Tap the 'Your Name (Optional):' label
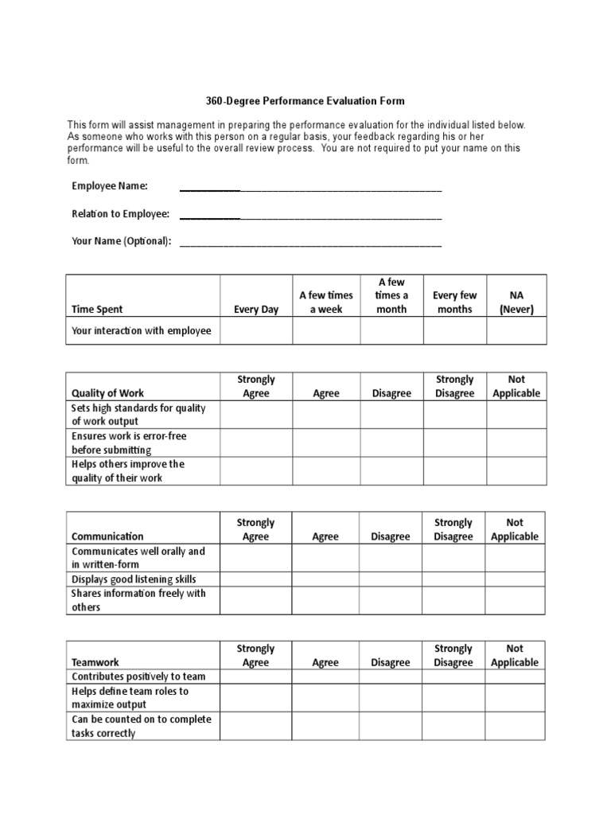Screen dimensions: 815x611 (x=121, y=241)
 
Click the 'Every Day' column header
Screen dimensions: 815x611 (x=256, y=310)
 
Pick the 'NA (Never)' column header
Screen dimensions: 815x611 (x=516, y=302)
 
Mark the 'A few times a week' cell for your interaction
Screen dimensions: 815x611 (x=326, y=331)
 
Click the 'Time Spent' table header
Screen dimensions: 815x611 (x=97, y=310)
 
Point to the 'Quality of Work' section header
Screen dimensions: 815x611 (x=107, y=393)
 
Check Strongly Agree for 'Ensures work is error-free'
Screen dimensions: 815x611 (x=256, y=443)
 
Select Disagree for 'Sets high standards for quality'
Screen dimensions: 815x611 (x=391, y=415)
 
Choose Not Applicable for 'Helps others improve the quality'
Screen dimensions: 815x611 (x=516, y=470)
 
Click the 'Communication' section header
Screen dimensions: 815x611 (x=107, y=536)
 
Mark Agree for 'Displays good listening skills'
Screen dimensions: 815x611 (x=325, y=579)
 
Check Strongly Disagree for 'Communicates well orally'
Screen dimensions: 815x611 (x=453, y=558)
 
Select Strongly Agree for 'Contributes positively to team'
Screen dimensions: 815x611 (x=255, y=677)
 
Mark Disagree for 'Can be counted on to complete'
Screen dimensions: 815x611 (x=391, y=726)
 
